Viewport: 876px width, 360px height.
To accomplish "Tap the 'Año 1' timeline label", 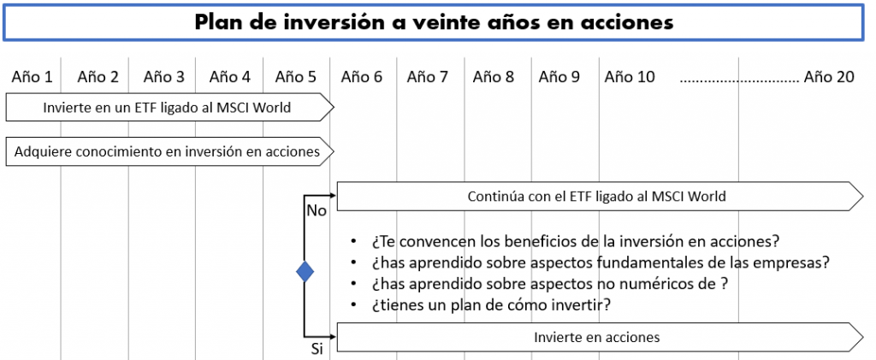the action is [32, 77].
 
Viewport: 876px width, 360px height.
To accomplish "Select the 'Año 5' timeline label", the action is [295, 77].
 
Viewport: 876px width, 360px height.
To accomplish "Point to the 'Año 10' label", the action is [630, 77].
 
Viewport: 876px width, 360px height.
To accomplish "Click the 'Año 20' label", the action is [829, 77].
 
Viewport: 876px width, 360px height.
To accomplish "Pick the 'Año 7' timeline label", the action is [428, 77].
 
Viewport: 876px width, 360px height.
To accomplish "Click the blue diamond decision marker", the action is [305, 272].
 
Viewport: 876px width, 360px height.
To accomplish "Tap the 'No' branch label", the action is [317, 211].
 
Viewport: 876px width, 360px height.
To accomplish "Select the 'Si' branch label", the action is [317, 350].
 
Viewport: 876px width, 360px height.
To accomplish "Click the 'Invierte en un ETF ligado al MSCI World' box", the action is [170, 107].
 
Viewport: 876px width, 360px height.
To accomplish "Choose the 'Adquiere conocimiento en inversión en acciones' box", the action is [170, 151].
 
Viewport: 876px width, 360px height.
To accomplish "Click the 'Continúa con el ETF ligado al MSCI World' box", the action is [600, 197].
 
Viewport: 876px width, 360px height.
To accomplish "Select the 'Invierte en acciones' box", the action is [600, 337].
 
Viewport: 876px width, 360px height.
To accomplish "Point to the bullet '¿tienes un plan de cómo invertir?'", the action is [490, 305].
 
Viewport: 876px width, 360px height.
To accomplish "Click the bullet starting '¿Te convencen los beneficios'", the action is [575, 241].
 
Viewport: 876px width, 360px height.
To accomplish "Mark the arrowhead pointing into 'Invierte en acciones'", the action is [334, 337].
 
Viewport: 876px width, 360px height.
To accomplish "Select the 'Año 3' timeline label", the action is [163, 77].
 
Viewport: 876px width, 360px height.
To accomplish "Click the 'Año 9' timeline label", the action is [559, 77].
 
